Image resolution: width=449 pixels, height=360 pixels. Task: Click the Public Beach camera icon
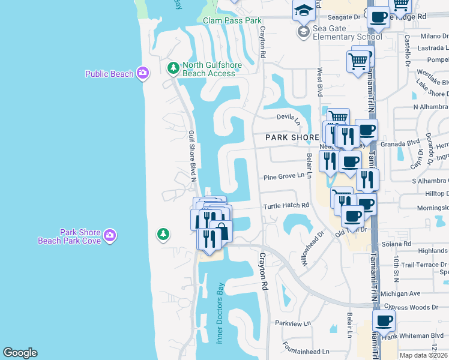point(142,73)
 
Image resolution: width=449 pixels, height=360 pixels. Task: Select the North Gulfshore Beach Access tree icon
point(173,69)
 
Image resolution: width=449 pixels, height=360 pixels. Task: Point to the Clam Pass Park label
point(232,20)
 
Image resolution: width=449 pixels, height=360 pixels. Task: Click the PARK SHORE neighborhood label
point(292,137)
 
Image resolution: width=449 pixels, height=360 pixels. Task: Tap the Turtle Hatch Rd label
point(286,205)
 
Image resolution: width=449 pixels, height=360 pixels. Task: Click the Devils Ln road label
point(289,118)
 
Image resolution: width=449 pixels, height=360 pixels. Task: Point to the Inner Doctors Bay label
point(220,312)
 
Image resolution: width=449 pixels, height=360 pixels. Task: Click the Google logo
point(20,353)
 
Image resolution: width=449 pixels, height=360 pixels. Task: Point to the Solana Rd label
point(399,244)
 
